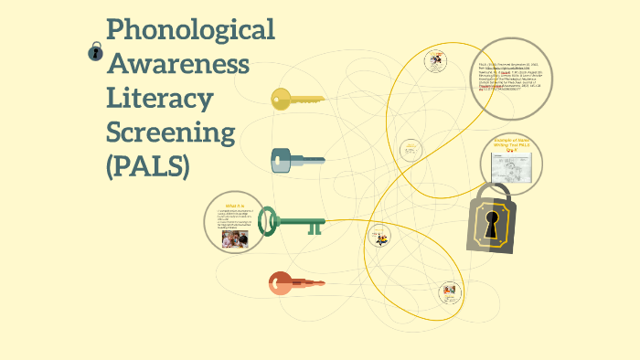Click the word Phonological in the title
point(190,29)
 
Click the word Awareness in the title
point(178,64)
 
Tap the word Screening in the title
point(171,133)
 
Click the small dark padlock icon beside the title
point(95,52)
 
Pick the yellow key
point(297,99)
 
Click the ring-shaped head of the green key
point(268,220)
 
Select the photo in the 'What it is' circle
point(235,239)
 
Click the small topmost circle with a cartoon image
point(434,62)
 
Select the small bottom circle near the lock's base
point(449,292)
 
